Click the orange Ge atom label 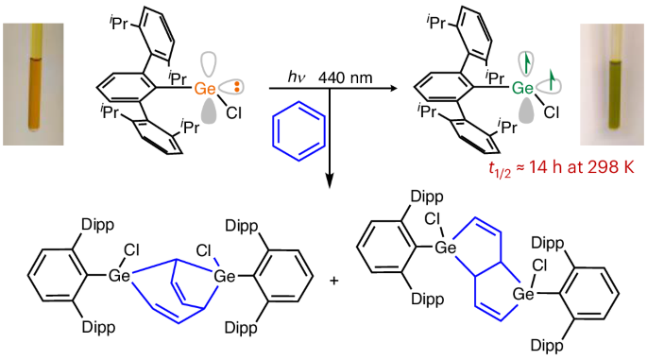[205, 88]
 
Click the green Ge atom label [523, 88]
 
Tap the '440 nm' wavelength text [346, 77]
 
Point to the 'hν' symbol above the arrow [297, 77]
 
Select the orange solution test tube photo [33, 84]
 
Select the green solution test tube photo [611, 84]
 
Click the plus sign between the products [334, 282]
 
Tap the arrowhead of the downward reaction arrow [330, 181]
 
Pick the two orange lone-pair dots [237, 87]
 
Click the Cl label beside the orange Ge [233, 112]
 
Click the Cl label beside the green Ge [552, 112]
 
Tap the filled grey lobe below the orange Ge [212, 111]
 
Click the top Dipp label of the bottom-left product [98, 226]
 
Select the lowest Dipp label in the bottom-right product [547, 346]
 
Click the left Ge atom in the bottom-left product [119, 275]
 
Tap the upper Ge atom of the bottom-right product [446, 248]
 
